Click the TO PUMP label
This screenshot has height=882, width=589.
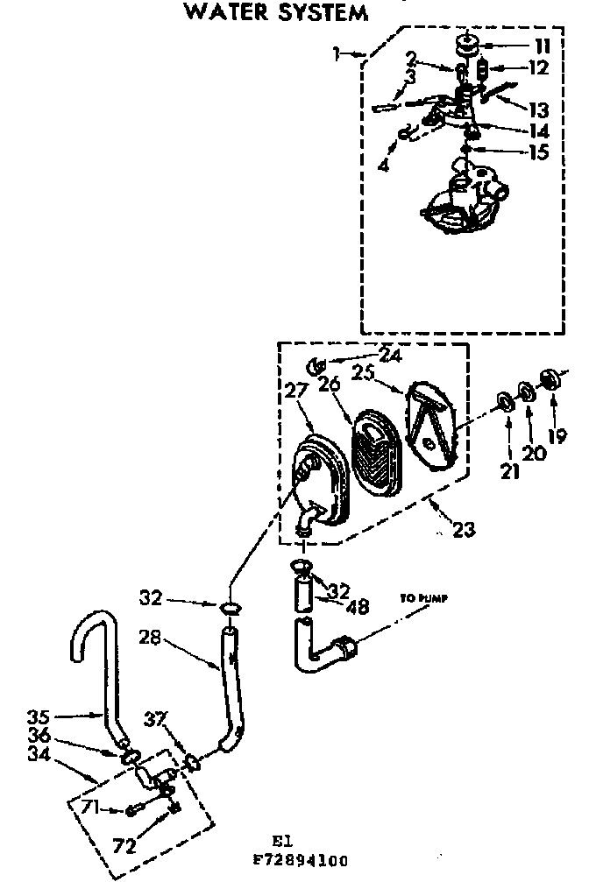pyautogui.click(x=424, y=599)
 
